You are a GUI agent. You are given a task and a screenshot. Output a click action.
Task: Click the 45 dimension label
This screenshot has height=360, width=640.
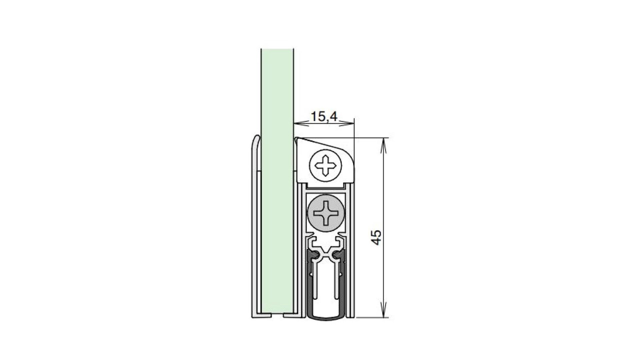(x=376, y=237)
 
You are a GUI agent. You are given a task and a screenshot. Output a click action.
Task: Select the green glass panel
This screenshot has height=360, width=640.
(x=277, y=182)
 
